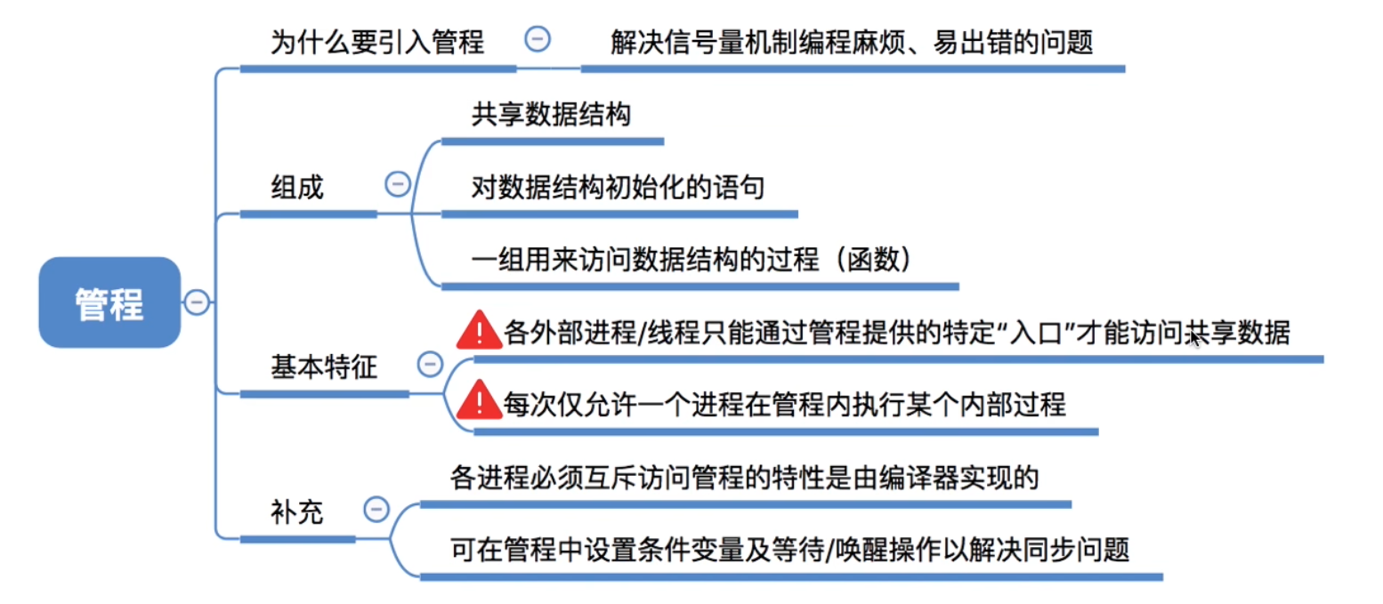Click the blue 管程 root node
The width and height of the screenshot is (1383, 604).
click(109, 302)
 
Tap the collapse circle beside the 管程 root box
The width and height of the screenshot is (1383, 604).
click(197, 302)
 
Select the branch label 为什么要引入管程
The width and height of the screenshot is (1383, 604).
click(377, 42)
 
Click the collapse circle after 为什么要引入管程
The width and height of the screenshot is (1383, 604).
click(538, 38)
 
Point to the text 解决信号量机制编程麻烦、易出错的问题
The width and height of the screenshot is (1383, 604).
click(852, 42)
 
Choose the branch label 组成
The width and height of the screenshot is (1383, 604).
click(297, 188)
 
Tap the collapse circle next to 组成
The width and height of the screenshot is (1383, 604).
click(397, 184)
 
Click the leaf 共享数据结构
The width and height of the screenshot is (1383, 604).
click(552, 115)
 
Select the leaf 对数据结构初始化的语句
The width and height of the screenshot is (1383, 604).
click(619, 188)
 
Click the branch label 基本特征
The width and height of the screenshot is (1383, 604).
click(324, 367)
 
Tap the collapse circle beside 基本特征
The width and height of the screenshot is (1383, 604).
click(430, 364)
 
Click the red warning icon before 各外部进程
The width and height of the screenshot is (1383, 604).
click(479, 330)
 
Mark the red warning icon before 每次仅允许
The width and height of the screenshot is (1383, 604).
click(479, 401)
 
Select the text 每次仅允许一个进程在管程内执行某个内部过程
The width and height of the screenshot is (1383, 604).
click(784, 405)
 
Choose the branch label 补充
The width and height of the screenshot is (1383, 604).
click(297, 512)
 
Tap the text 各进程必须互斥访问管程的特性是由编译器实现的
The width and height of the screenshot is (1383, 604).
click(745, 479)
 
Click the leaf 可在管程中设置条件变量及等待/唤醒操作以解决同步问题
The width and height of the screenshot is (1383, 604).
click(790, 551)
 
